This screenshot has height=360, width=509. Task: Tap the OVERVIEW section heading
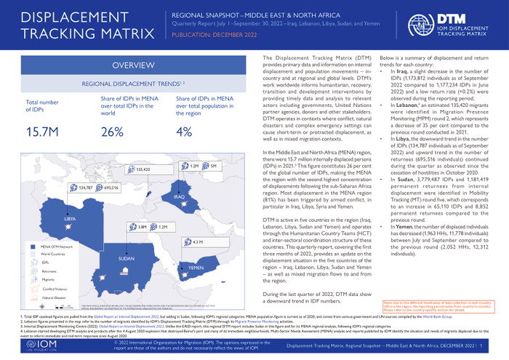[131, 66]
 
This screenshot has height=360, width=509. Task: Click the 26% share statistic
[112, 132]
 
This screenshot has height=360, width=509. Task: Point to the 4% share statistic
[185, 132]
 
